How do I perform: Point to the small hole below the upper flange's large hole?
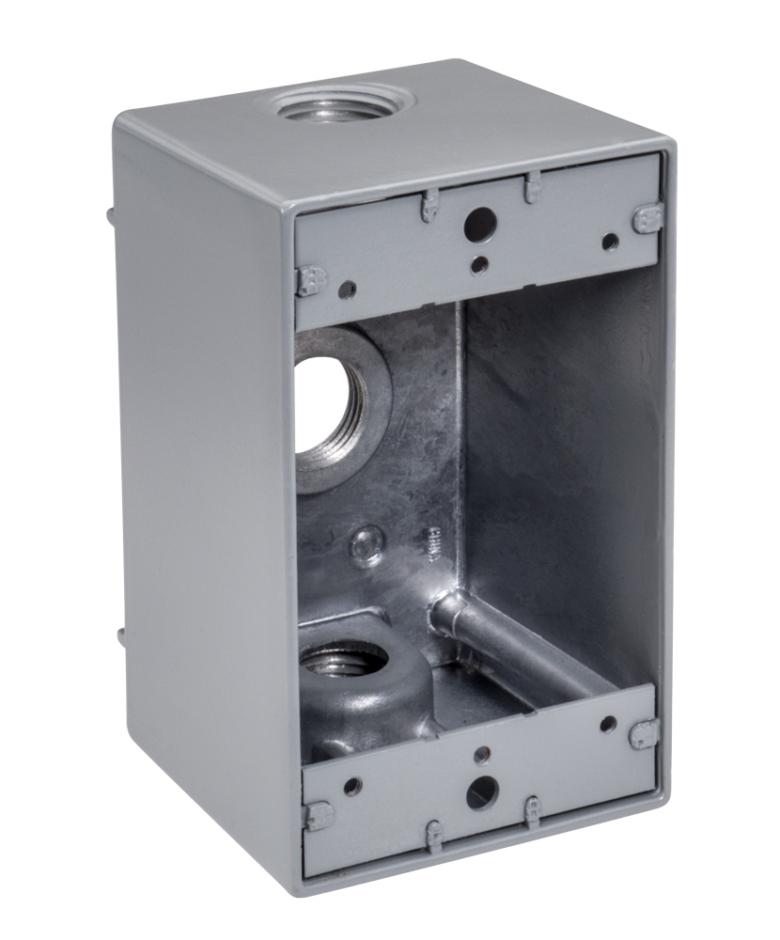click(479, 264)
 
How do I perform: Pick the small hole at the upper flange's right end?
click(610, 243)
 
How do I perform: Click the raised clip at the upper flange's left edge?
click(310, 279)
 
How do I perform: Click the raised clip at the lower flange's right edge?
click(645, 734)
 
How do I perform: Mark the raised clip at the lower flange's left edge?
click(316, 814)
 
